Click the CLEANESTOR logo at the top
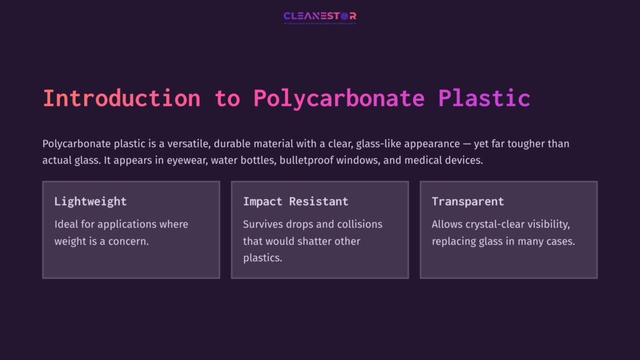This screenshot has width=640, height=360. coord(320,17)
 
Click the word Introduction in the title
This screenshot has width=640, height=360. coord(121,99)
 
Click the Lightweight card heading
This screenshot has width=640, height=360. coord(90,201)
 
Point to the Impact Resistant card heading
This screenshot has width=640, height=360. coord(296,201)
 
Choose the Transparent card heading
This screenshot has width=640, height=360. coord(467,201)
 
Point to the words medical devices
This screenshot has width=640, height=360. coord(452,161)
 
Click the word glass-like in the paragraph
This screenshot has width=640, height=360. coord(381,144)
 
